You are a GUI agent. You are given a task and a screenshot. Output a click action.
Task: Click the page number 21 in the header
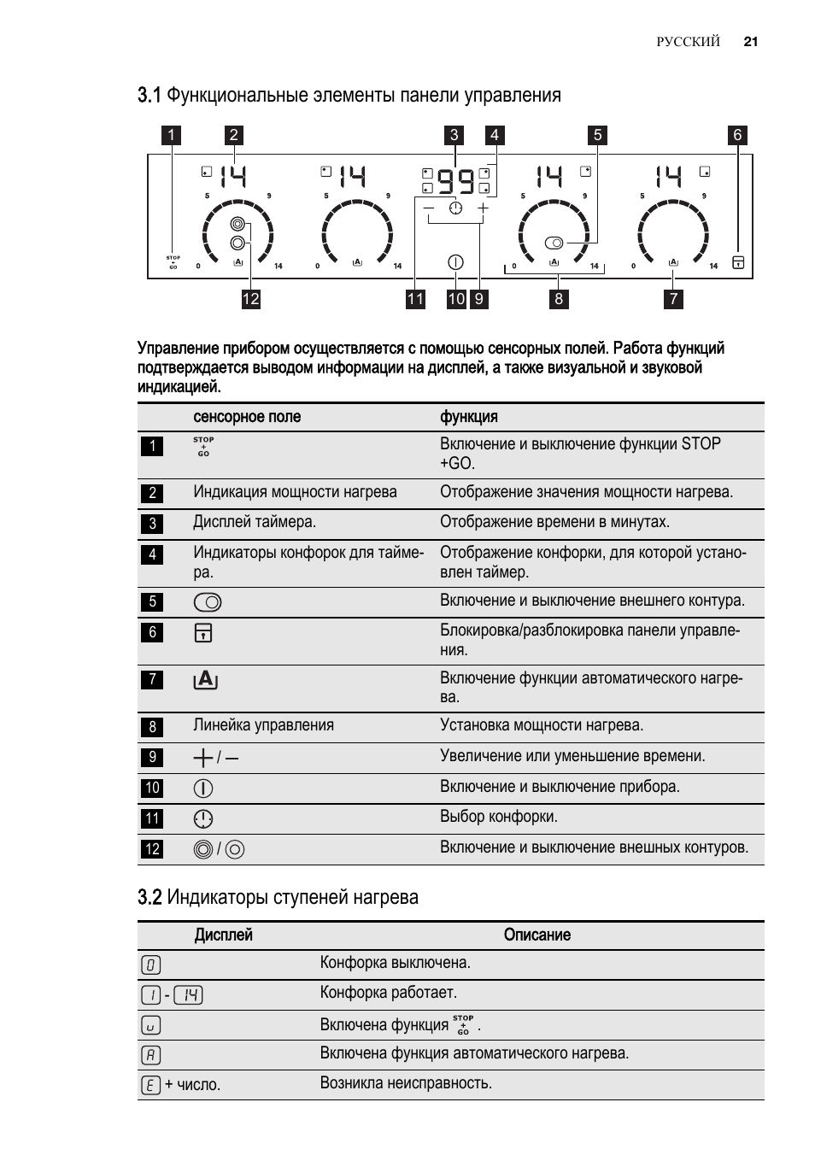tap(750, 42)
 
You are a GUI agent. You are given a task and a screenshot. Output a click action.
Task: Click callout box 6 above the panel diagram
tap(737, 135)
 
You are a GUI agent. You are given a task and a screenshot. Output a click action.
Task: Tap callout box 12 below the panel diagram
tap(250, 299)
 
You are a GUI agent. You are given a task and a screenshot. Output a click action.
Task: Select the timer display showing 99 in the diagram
tap(455, 181)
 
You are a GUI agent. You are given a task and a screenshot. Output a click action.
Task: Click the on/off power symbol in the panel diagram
tap(455, 262)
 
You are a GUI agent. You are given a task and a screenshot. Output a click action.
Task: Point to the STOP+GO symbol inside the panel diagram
tap(173, 262)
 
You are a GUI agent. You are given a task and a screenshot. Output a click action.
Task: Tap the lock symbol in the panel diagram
tap(738, 262)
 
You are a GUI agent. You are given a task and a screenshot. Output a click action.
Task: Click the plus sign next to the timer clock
tap(483, 208)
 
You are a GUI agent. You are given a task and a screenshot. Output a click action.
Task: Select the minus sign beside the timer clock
tap(428, 208)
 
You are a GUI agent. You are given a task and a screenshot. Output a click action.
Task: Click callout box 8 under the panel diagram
tap(559, 299)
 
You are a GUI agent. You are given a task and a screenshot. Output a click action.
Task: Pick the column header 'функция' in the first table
tap(469, 417)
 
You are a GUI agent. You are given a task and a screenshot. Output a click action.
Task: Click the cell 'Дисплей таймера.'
tap(255, 522)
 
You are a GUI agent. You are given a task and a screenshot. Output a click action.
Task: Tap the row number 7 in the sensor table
tap(152, 679)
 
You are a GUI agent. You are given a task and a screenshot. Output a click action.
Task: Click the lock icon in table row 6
tap(203, 633)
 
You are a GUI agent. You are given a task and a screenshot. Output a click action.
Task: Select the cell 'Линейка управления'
tap(263, 725)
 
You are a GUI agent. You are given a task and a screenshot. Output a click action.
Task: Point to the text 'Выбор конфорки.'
tap(499, 816)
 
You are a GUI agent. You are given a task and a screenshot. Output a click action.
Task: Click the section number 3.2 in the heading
tap(150, 897)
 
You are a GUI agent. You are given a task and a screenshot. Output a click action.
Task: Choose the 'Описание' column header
tap(537, 935)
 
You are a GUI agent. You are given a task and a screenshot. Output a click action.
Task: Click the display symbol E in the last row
tap(150, 1086)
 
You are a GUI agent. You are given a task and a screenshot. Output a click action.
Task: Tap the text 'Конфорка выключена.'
tap(395, 962)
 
